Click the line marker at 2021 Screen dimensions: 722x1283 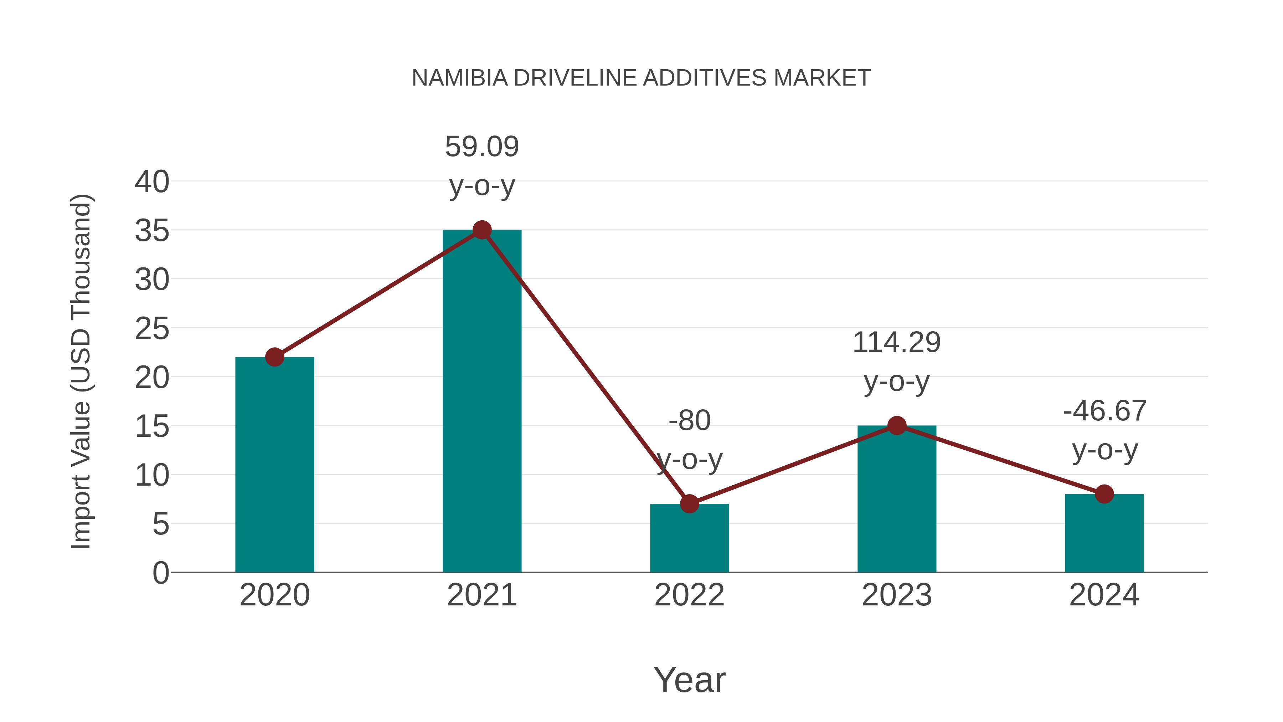pos(481,230)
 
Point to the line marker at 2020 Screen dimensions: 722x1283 pos(274,357)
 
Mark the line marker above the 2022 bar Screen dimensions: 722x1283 pos(689,504)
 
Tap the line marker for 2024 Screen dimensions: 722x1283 pos(1104,494)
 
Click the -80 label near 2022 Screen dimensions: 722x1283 pos(689,421)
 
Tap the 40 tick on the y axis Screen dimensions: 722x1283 pos(152,181)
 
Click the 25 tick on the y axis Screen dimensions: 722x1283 pos(152,329)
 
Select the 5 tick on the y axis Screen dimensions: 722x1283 pos(161,524)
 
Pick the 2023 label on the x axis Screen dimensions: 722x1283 pos(897,595)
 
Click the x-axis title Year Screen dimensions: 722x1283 pos(689,680)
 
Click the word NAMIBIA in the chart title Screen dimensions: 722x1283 pos(460,78)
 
